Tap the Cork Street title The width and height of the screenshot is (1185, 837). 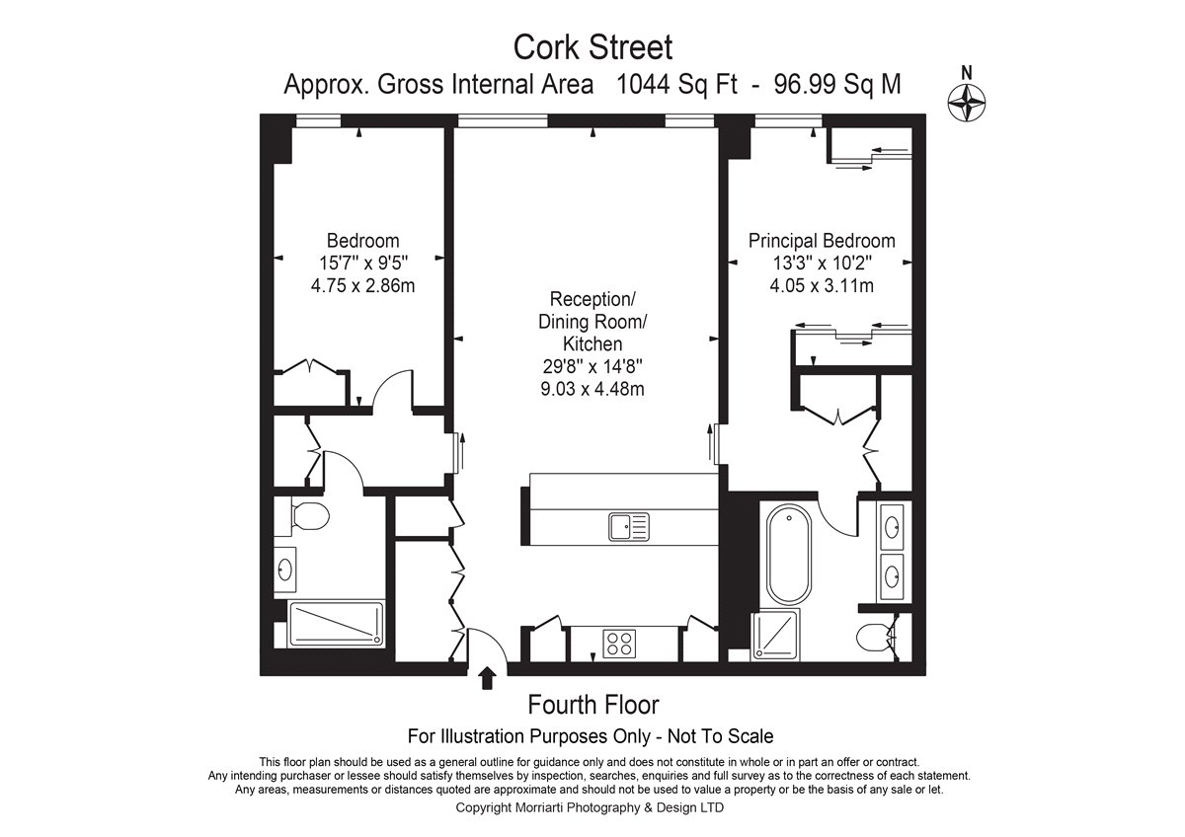coord(592,47)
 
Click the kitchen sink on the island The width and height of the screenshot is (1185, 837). coord(628,527)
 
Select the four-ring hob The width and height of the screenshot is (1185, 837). coord(619,644)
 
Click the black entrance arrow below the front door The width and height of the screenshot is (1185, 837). coord(487,678)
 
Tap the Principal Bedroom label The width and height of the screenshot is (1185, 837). coord(822,241)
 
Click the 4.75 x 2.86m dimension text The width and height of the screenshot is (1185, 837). coord(363,286)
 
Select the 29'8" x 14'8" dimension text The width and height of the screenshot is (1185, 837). coord(592,366)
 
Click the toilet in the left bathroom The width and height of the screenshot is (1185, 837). coord(309,515)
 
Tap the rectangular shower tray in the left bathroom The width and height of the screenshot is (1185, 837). coord(336,624)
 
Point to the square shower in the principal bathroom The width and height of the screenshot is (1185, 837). coord(775,635)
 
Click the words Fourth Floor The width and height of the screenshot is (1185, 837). coord(593,705)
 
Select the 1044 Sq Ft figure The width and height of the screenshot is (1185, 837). coord(676,84)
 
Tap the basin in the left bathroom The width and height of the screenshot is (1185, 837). coord(284,570)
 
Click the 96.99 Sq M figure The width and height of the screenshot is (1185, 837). coord(837,84)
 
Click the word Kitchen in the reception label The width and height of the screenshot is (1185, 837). coord(592,344)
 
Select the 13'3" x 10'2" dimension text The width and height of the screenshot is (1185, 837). coord(822,263)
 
